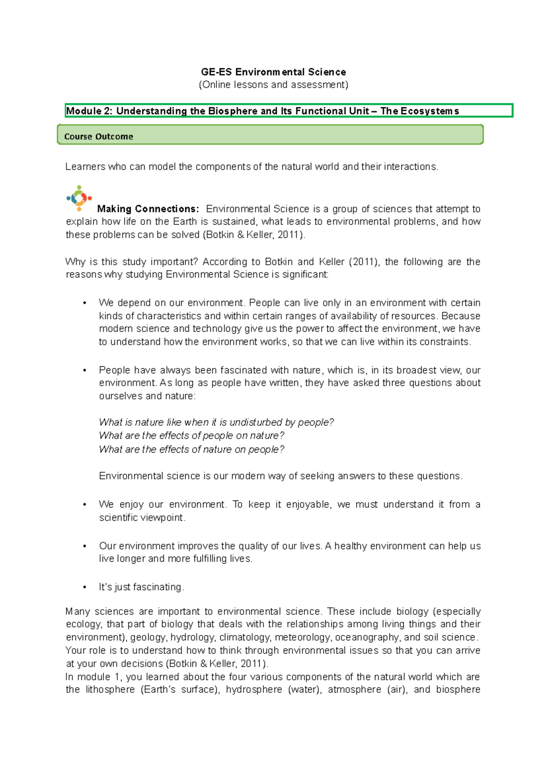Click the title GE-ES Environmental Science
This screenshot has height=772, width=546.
coord(273,72)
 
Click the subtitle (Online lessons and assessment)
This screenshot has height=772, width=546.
coord(273,85)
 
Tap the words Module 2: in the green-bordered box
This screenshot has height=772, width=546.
coord(89,111)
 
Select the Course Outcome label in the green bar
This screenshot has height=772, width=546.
coord(99,136)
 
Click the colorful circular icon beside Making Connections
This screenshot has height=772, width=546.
coord(79,198)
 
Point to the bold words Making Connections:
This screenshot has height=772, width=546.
coord(148,209)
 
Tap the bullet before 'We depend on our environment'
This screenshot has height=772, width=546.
coord(85,303)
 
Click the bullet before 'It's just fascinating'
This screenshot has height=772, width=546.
coord(85,587)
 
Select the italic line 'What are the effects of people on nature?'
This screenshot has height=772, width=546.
coord(192,436)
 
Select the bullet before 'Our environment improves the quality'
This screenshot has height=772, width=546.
coord(85,546)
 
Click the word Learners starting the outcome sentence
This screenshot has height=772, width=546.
coord(85,167)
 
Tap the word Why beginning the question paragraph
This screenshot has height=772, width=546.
coord(75,262)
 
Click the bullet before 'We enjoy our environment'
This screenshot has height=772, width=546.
coord(85,505)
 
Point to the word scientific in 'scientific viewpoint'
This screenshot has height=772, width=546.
coord(118,518)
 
